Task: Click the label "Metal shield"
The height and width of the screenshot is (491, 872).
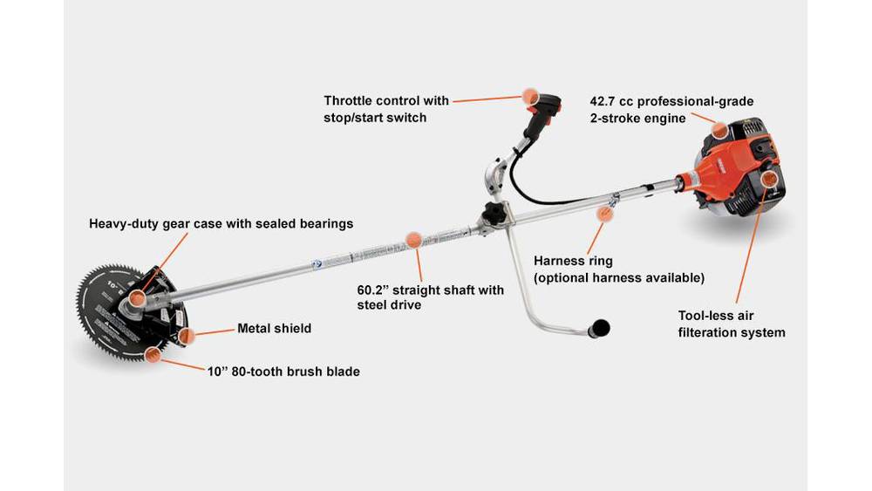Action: (x=274, y=329)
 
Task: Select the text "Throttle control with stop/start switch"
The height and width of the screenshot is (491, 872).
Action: (x=386, y=109)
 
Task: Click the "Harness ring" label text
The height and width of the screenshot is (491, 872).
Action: (x=573, y=261)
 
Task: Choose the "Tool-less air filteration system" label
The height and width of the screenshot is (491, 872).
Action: (x=732, y=324)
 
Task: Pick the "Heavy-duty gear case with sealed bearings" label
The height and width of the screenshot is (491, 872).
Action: (x=221, y=223)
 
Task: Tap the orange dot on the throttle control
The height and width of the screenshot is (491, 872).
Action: (x=528, y=97)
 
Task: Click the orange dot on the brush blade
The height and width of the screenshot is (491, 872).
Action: (x=153, y=354)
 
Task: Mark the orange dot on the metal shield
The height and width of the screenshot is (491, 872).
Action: (x=186, y=336)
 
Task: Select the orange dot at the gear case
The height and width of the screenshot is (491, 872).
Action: (x=135, y=301)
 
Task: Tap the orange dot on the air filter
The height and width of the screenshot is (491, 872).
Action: (x=768, y=180)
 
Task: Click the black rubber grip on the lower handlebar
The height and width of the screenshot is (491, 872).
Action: (x=599, y=327)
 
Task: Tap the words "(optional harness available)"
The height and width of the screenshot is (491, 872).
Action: (x=619, y=277)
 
